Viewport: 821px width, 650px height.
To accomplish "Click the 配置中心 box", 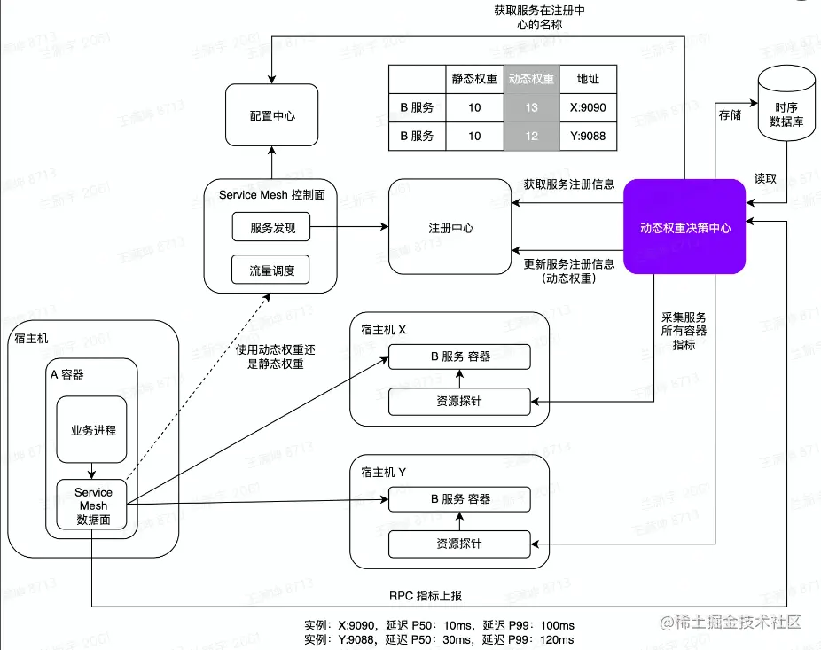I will pyautogui.click(x=271, y=115).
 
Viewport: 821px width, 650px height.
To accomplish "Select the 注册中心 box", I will pyautogui.click(x=450, y=228).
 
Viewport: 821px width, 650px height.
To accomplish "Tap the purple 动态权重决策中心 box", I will pyautogui.click(x=684, y=227).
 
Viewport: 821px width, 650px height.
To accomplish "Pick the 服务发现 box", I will pyautogui.click(x=271, y=227).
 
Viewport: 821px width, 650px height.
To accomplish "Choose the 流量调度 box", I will pyautogui.click(x=271, y=270).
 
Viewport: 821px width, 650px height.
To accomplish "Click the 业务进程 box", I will pyautogui.click(x=92, y=429).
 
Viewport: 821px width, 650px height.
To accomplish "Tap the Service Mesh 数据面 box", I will pyautogui.click(x=93, y=505).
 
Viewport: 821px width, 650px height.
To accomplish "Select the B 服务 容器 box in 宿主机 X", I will pyautogui.click(x=459, y=356).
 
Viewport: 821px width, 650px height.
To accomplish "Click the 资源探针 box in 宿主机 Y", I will pyautogui.click(x=459, y=543).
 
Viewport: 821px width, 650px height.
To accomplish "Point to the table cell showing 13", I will pyautogui.click(x=531, y=107).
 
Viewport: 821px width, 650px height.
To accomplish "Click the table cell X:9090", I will pyautogui.click(x=588, y=107).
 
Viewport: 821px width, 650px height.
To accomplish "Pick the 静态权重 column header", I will pyautogui.click(x=474, y=78).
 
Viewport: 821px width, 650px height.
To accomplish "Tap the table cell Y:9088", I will pyautogui.click(x=588, y=136).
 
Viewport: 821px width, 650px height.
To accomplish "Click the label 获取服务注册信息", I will pyautogui.click(x=568, y=184).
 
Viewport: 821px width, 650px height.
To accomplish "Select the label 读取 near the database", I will pyautogui.click(x=765, y=178).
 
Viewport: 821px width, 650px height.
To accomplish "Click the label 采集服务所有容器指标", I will pyautogui.click(x=684, y=330).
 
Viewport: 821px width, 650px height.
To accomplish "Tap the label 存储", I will pyautogui.click(x=729, y=115).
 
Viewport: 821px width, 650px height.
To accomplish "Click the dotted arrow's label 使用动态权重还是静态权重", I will pyautogui.click(x=275, y=356).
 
